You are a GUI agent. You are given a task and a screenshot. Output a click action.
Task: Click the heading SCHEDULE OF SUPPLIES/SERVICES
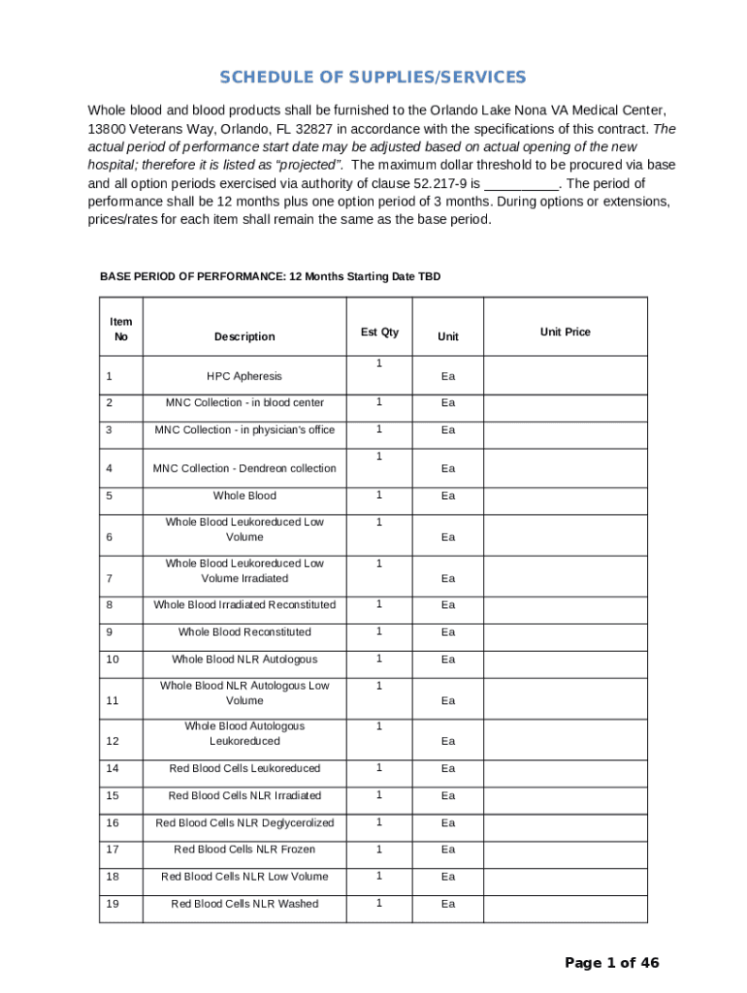(x=373, y=78)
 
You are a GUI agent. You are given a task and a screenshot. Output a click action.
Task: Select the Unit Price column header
(x=565, y=332)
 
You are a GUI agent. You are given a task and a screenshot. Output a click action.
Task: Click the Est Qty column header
(x=379, y=332)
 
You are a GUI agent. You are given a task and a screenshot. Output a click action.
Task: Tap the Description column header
(x=244, y=336)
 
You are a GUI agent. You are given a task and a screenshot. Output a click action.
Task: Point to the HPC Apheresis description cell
(x=244, y=375)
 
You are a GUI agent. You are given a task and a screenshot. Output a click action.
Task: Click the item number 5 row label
(x=111, y=496)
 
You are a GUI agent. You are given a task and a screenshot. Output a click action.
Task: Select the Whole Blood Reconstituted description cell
(x=244, y=632)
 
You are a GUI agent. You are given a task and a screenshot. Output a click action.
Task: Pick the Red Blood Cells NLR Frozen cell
(x=244, y=849)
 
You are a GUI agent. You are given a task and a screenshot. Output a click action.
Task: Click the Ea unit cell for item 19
(x=448, y=904)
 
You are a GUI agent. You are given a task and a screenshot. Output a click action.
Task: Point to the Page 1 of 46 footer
(x=612, y=963)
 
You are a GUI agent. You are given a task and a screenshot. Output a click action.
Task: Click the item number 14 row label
(x=114, y=769)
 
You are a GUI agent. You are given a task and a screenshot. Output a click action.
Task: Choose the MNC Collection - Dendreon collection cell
(x=244, y=468)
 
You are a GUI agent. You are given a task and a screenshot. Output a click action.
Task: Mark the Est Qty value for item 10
(x=379, y=658)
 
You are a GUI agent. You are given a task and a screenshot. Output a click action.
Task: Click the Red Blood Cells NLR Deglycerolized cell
(x=244, y=823)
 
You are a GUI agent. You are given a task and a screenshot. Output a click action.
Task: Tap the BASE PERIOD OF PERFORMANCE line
(x=270, y=277)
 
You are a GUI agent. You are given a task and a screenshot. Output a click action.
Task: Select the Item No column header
(x=121, y=330)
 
